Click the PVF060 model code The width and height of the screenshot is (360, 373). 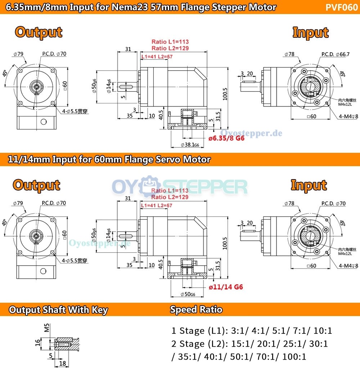click(342, 8)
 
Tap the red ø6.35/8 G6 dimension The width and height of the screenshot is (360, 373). click(226, 138)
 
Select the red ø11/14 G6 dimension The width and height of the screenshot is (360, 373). click(226, 287)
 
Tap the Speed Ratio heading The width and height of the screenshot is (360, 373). click(196, 309)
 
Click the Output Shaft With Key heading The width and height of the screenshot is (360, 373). click(58, 310)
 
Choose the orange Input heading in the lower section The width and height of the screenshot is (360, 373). click(309, 185)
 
